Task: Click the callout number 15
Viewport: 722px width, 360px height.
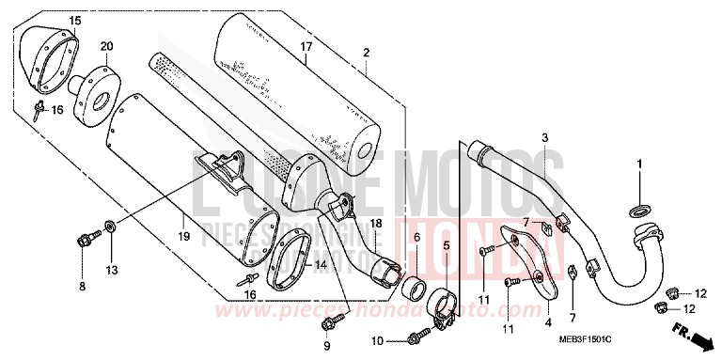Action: [75, 21]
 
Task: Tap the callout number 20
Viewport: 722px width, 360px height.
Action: [106, 46]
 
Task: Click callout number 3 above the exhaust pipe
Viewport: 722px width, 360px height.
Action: [544, 137]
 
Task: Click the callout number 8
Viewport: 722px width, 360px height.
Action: [82, 286]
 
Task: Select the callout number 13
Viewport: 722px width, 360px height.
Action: [111, 271]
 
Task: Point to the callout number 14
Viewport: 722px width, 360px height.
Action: [322, 266]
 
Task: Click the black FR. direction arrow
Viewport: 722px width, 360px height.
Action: [690, 332]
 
